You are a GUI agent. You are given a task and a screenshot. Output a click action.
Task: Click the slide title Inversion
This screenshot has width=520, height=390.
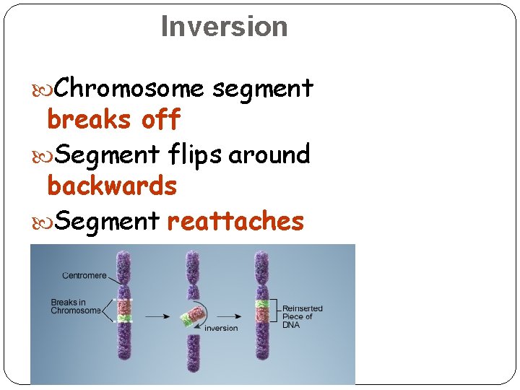point(224,27)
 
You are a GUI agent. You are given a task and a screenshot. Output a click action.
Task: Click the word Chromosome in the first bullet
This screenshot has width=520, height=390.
point(129,88)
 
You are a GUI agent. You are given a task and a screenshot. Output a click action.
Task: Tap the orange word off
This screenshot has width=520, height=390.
point(160,120)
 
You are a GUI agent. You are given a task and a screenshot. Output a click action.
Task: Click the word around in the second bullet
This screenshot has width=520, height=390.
point(269,154)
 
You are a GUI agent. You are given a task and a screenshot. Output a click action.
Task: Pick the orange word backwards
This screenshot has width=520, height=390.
point(112,186)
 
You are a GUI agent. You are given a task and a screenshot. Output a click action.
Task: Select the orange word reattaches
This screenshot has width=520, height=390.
point(235,221)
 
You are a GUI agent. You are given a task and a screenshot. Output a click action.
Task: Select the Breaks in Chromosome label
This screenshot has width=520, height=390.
point(76,306)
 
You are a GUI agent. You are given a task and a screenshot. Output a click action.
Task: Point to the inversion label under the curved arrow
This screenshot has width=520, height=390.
point(221,328)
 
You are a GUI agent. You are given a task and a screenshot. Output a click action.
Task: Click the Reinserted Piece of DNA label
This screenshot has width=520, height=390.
point(302,316)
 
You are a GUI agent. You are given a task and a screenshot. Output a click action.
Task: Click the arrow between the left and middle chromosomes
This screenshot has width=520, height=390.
point(158,316)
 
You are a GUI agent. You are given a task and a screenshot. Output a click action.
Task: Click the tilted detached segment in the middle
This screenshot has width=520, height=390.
point(191,316)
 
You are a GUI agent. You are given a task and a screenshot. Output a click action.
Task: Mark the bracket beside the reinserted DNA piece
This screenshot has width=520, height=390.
point(276,311)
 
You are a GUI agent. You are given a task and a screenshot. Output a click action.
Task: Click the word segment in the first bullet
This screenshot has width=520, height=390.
point(262,88)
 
